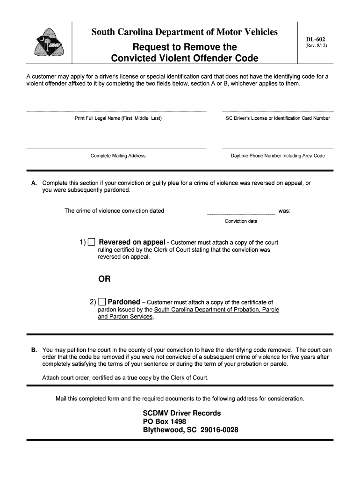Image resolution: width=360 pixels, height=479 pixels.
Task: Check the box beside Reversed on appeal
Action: coord(92,242)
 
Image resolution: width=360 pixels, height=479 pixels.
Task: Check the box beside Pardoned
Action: coord(102,302)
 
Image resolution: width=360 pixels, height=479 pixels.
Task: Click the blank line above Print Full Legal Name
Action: coord(116,111)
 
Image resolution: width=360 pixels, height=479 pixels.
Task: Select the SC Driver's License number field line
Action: coord(278,111)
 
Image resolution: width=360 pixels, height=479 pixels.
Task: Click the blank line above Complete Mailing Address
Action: coord(116,148)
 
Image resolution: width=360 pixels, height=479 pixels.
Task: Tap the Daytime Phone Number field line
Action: coord(278,148)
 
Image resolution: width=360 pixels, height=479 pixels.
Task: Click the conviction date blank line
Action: coord(241,213)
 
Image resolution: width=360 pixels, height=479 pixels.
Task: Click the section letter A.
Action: coord(34,183)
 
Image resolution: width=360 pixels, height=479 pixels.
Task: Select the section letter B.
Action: coord(34,350)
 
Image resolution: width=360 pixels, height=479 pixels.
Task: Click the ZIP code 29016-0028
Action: coord(219,430)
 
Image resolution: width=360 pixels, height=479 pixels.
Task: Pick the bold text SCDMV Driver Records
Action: coord(181,413)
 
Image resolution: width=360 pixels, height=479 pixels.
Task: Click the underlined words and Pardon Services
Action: coord(125,317)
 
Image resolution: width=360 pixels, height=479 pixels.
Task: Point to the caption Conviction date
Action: coord(241,221)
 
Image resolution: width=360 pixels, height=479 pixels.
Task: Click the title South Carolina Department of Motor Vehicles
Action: coord(184,32)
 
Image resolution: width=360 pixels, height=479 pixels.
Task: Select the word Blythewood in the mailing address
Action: coord(163,430)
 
